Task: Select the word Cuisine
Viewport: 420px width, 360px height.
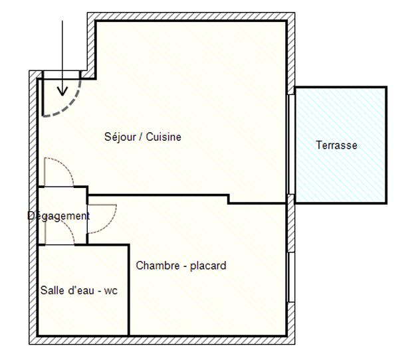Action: [164, 137]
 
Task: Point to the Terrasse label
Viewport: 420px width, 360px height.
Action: [336, 145]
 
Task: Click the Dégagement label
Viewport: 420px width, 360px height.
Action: [58, 216]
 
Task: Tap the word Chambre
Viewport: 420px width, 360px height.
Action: [157, 266]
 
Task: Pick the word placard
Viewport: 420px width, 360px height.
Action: [208, 266]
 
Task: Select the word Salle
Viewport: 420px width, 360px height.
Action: [52, 290]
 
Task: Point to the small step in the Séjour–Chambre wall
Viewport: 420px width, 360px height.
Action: [229, 199]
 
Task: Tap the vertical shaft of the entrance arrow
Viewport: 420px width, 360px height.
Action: [62, 53]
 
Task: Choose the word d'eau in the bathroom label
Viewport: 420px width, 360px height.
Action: [83, 290]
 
